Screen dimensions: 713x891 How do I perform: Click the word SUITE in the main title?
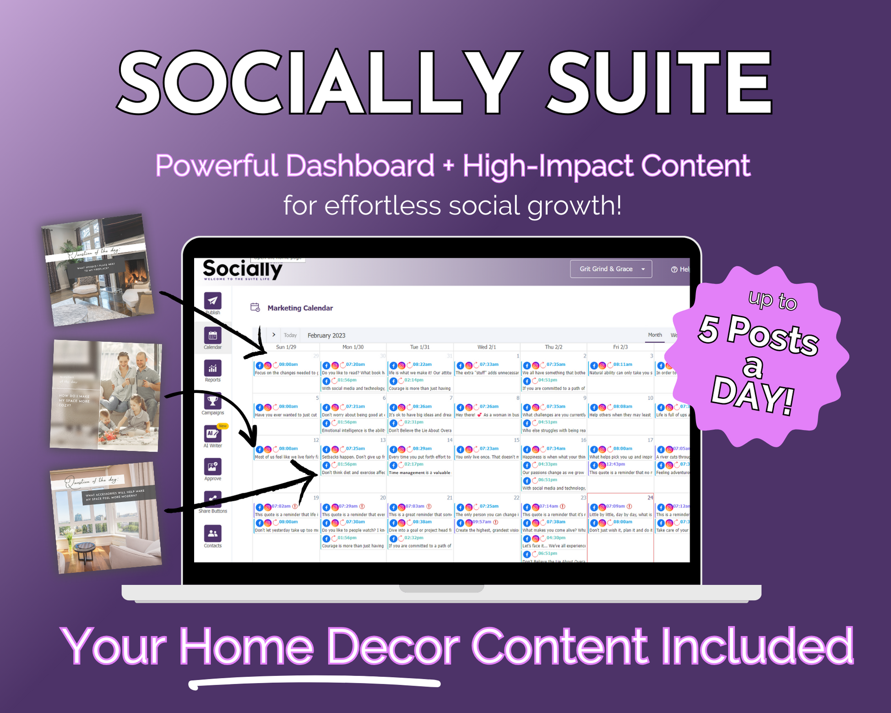pos(659,82)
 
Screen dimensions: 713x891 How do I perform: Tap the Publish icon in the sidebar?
pos(212,301)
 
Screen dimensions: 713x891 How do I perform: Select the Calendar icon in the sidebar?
pos(212,335)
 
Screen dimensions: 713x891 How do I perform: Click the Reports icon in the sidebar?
pos(212,368)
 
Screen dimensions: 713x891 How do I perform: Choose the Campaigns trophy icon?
pos(212,401)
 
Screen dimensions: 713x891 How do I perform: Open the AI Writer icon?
pos(212,434)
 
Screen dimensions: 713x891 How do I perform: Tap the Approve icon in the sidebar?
pos(212,467)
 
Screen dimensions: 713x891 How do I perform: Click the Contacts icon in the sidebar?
pos(212,533)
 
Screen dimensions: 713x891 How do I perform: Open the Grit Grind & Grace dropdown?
pos(610,269)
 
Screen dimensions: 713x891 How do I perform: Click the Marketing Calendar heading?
pos(300,308)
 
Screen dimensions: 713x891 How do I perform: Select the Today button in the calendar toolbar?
pos(290,335)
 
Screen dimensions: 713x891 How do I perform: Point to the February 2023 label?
pos(326,335)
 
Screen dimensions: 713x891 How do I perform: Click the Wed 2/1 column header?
pos(486,347)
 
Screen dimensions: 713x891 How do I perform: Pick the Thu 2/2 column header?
pos(553,347)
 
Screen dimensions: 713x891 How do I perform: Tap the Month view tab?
pos(654,335)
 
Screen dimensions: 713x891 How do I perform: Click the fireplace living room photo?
pos(98,270)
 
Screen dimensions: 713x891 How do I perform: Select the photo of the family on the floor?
pos(106,396)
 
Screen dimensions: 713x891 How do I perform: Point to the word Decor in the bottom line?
pos(393,647)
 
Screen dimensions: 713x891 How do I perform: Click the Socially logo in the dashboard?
pos(242,270)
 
